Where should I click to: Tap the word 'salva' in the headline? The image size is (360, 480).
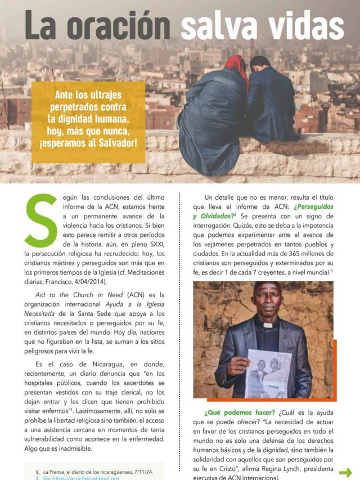click(224, 26)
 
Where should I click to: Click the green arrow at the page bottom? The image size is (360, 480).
click(345, 472)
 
